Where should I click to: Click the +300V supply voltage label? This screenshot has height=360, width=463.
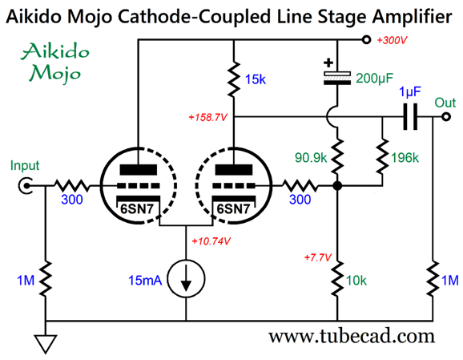pyautogui.click(x=392, y=40)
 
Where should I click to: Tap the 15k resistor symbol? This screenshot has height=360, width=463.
pyautogui.click(x=234, y=79)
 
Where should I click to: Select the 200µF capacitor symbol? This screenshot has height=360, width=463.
pyautogui.click(x=337, y=78)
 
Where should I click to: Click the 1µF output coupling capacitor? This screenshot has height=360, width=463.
pyautogui.click(x=410, y=117)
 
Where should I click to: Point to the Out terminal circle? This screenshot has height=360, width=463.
pyautogui.click(x=446, y=117)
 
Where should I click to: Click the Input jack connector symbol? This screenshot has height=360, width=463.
pyautogui.click(x=26, y=186)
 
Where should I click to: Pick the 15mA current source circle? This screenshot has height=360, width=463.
pyautogui.click(x=186, y=278)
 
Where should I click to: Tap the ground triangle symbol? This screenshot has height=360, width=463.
pyautogui.click(x=46, y=344)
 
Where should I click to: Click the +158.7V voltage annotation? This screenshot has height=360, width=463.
pyautogui.click(x=208, y=118)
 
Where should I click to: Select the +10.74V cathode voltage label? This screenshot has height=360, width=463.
pyautogui.click(x=211, y=241)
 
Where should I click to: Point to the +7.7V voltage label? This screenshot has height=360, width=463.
pyautogui.click(x=318, y=257)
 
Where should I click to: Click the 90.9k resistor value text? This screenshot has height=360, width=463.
pyautogui.click(x=311, y=158)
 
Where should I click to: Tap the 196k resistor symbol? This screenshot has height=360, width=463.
pyautogui.click(x=382, y=156)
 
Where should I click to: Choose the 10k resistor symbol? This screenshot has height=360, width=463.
pyautogui.click(x=337, y=278)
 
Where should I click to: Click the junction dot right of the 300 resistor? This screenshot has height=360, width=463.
pyautogui.click(x=337, y=186)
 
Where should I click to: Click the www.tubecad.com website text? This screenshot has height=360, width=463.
pyautogui.click(x=352, y=337)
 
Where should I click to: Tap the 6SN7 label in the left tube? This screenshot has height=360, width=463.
pyautogui.click(x=137, y=209)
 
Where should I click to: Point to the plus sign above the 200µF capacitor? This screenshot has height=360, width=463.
pyautogui.click(x=328, y=63)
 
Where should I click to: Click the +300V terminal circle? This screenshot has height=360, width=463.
pyautogui.click(x=366, y=39)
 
